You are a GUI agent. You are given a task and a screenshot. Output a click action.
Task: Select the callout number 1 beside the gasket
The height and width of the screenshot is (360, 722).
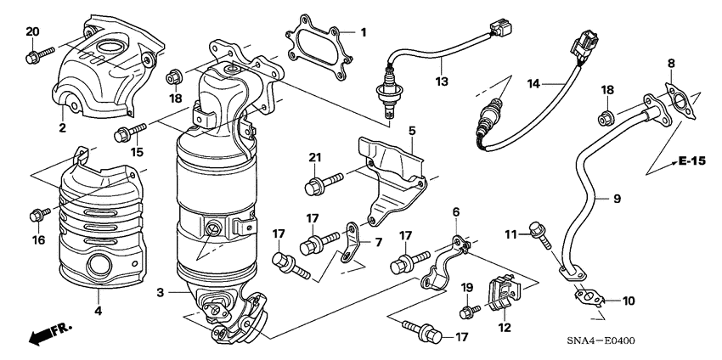pyautogui.click(x=363, y=33)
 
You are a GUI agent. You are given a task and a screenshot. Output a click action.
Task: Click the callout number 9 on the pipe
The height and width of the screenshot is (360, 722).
pyautogui.click(x=618, y=198)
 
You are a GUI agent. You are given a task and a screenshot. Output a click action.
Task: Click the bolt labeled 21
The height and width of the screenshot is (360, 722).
pyautogui.click(x=322, y=182)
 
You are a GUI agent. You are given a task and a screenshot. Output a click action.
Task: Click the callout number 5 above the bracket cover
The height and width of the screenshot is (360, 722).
pyautogui.click(x=412, y=131)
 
